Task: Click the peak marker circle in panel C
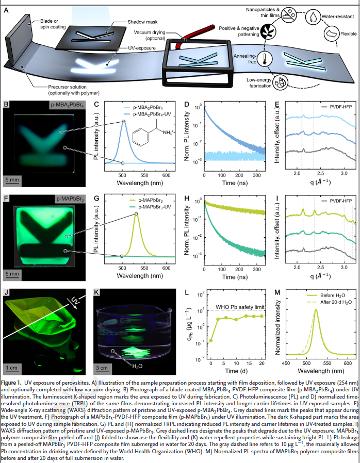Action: click(x=124, y=122)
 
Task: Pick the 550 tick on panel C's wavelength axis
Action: click(x=143, y=175)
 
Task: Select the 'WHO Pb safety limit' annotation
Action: click(x=241, y=307)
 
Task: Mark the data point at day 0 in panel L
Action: click(x=211, y=340)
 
